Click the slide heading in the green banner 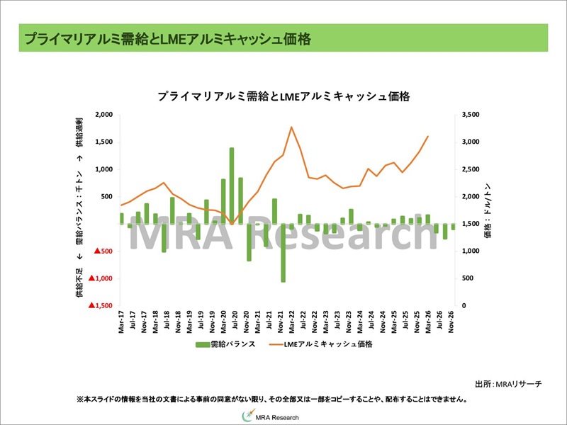coord(167,38)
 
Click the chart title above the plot coord(283,96)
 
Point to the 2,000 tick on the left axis coord(104,115)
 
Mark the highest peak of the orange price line coord(291,127)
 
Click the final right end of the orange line coord(428,136)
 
